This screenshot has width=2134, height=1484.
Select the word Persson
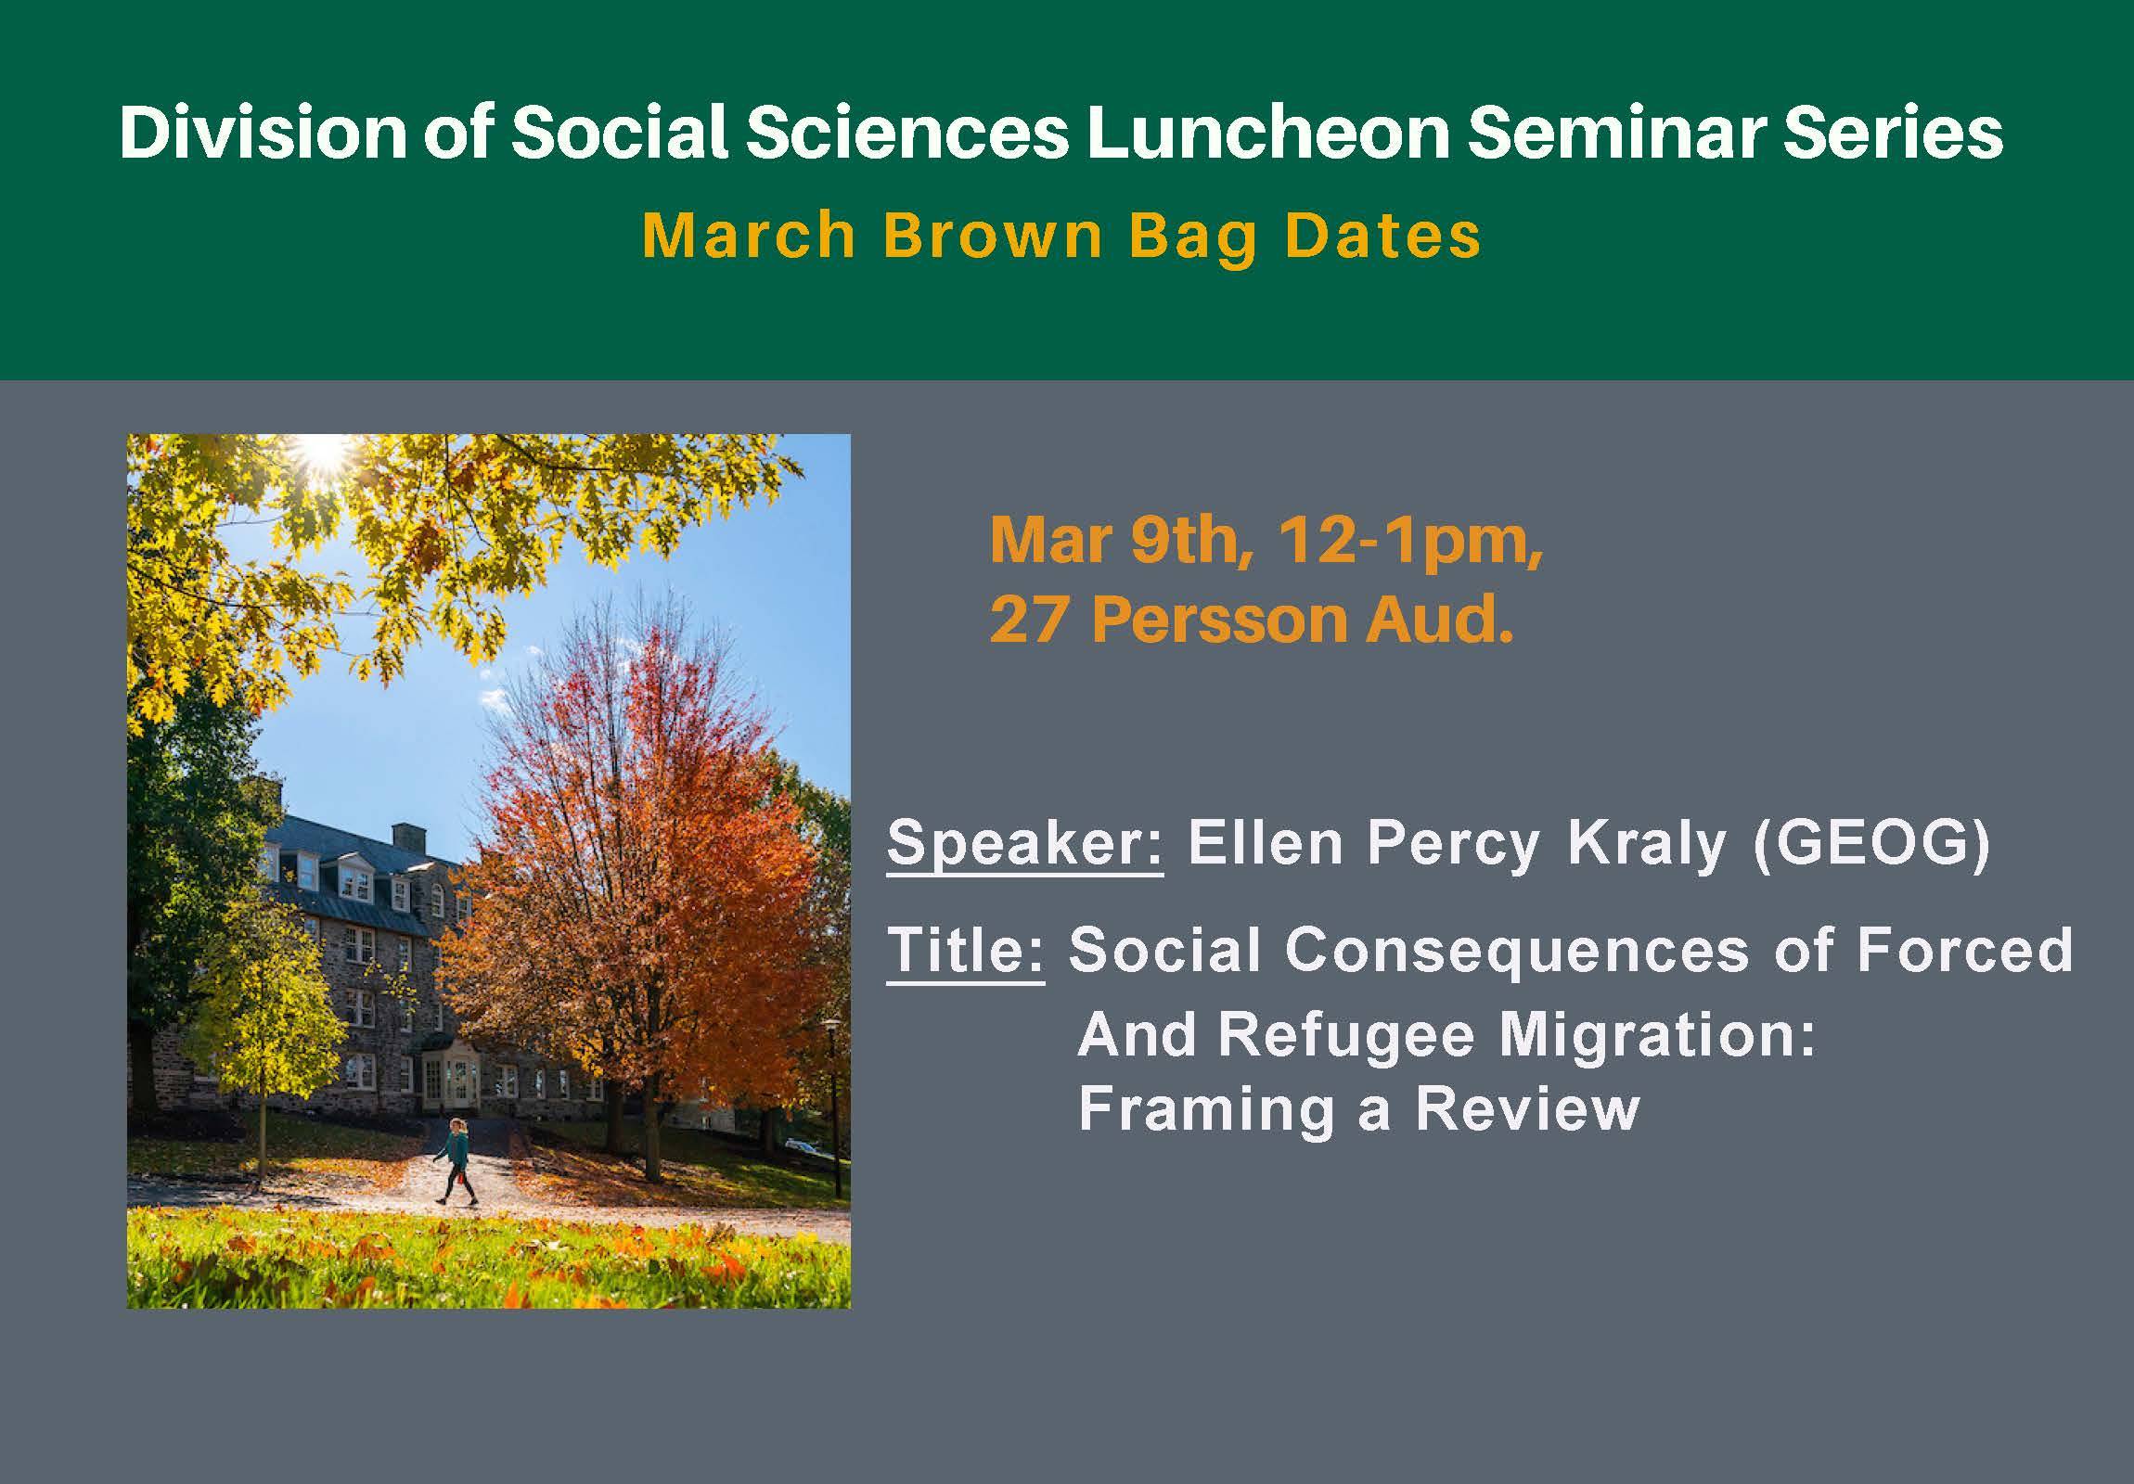point(1218,619)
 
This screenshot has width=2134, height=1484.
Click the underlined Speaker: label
point(1023,844)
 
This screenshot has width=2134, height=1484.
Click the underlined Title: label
point(965,950)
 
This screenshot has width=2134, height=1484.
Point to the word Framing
point(1205,1110)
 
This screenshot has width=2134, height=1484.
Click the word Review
point(1527,1108)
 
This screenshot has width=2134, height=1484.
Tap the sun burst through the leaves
point(324,451)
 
